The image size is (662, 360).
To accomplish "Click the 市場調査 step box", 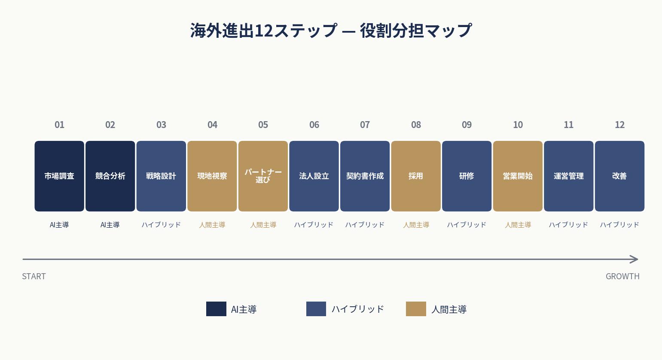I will (59, 176).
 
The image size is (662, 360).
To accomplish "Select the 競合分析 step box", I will (110, 176).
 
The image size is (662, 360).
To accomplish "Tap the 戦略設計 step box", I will (161, 176).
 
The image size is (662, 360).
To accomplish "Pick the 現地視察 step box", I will (212, 176).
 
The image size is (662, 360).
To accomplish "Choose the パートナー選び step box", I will (263, 176).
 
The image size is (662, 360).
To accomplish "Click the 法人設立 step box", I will (314, 176).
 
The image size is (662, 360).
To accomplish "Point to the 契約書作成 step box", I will (365, 176).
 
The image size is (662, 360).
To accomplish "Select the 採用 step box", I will (416, 176).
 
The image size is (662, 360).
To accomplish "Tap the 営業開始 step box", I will (518, 176).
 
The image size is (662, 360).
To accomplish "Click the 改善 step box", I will (619, 176).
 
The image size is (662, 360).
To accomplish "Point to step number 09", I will (467, 125).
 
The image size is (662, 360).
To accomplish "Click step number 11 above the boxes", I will (568, 125).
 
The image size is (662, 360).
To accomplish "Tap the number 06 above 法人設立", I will (314, 125).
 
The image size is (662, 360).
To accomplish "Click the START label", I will (34, 276).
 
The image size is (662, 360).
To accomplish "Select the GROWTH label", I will (622, 276).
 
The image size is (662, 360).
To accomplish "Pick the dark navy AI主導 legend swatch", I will (216, 309).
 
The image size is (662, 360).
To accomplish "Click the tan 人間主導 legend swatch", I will (416, 309).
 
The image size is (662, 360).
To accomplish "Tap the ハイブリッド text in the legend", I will (357, 309).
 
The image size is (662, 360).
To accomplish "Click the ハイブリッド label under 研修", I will (467, 225).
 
